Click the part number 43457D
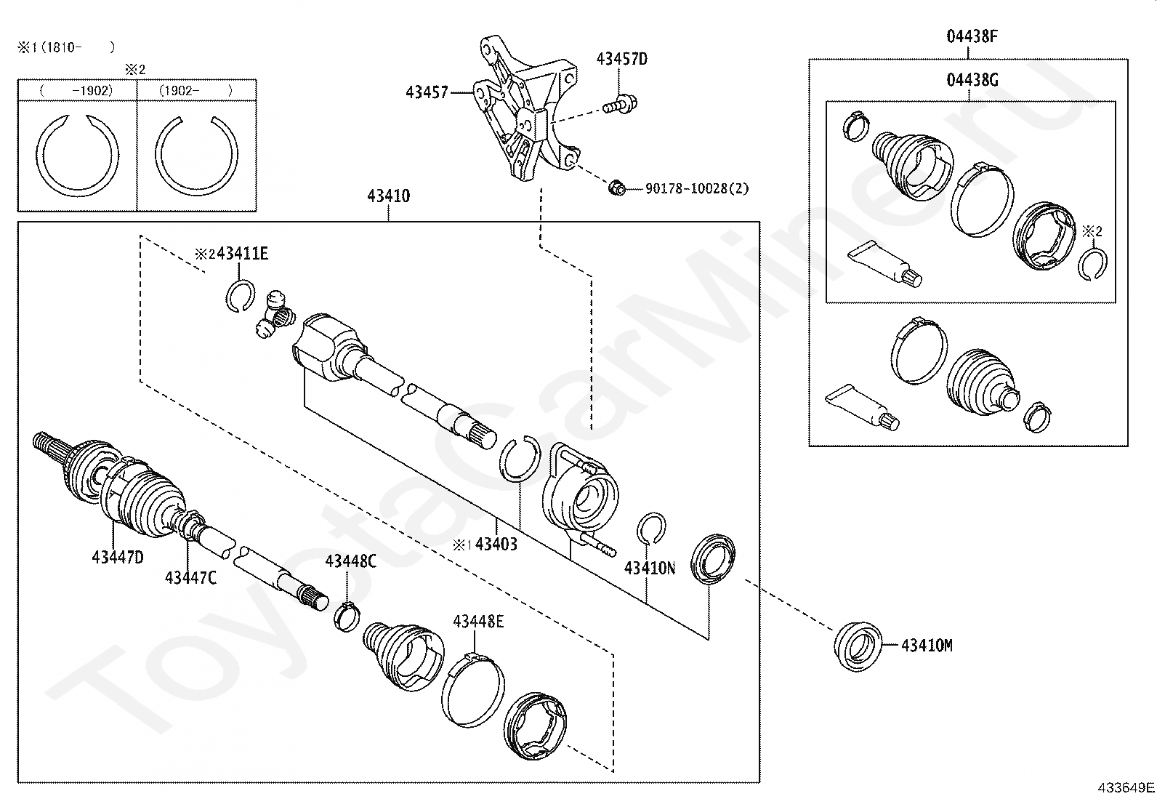tap(621, 59)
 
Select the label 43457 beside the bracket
tap(427, 92)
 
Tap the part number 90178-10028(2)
tap(696, 189)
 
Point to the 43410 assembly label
tap(388, 196)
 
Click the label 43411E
tap(242, 253)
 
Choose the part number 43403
tap(496, 544)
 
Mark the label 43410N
tap(649, 568)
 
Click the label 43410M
tap(927, 645)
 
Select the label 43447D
tap(118, 557)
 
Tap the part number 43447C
tap(190, 577)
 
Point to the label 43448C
tap(350, 561)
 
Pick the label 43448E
tap(478, 621)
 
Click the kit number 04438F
tap(972, 36)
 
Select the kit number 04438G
tap(972, 79)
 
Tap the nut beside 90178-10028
tap(616, 188)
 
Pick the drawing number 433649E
tap(1126, 787)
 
